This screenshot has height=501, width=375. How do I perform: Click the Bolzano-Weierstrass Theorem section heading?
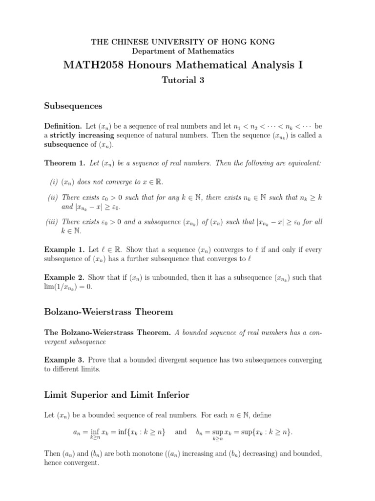tap(108, 312)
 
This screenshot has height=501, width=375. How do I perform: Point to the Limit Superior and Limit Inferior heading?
tap(117, 394)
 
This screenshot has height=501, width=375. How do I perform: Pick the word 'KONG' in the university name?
tap(263, 42)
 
